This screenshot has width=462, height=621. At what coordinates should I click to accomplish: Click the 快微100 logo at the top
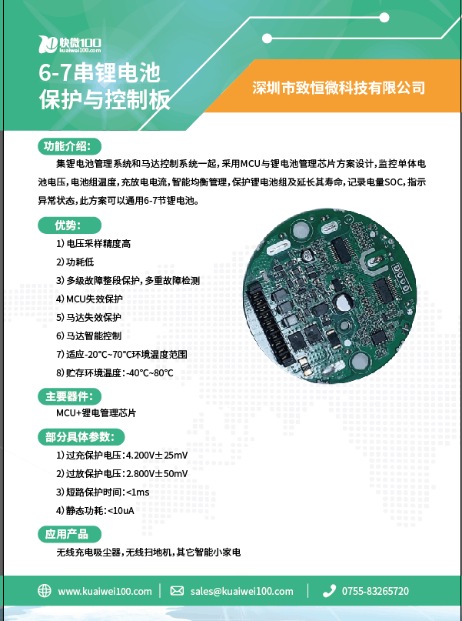(70, 44)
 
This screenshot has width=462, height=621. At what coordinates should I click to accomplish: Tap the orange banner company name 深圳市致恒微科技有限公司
(338, 88)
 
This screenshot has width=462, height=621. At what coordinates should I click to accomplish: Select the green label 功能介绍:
(69, 146)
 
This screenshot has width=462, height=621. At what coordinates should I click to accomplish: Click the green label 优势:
(69, 225)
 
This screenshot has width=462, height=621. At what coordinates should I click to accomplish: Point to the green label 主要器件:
(69, 396)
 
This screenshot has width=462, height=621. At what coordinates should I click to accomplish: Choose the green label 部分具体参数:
(81, 437)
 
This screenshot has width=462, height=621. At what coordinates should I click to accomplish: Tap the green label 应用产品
(69, 534)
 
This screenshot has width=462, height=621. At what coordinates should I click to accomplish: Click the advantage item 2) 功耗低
(75, 262)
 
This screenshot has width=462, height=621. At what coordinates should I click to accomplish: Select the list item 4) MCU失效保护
(89, 299)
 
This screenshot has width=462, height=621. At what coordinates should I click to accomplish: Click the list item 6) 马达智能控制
(88, 336)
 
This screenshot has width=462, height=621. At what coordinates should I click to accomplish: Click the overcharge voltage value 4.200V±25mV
(157, 455)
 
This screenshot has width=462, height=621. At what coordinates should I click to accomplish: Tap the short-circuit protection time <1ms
(138, 492)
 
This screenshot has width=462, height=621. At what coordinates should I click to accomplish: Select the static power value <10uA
(121, 510)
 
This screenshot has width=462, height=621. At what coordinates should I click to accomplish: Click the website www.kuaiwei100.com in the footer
(105, 591)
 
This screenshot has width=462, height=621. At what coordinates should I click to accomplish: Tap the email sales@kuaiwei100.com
(241, 591)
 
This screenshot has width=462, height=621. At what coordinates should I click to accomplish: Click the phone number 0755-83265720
(375, 591)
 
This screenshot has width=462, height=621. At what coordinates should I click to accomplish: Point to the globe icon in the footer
(45, 591)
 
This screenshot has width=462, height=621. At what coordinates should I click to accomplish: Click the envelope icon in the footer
(177, 591)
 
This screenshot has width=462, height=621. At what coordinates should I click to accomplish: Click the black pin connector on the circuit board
(266, 320)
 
